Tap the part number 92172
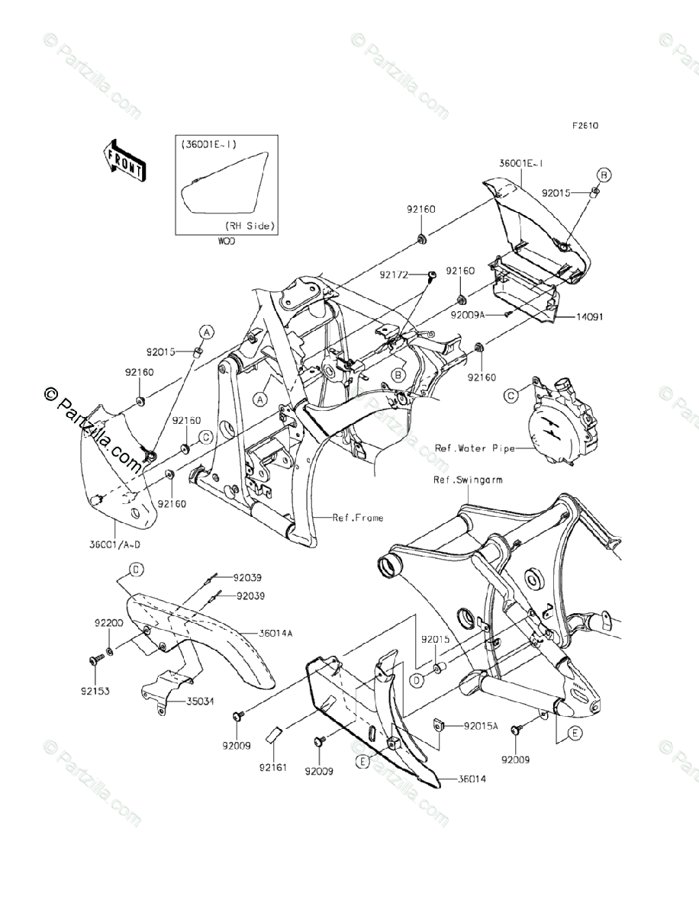[396, 271]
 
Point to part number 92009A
[472, 313]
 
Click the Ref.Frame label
[358, 518]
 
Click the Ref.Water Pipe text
[472, 448]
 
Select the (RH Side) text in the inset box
[250, 226]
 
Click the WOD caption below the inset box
[227, 240]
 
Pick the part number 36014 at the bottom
[472, 779]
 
